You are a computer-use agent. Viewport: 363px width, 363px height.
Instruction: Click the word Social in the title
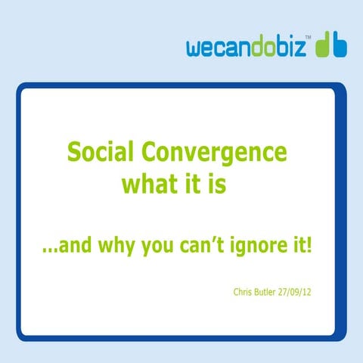pos(104,154)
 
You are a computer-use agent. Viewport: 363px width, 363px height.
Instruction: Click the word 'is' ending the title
pos(217,184)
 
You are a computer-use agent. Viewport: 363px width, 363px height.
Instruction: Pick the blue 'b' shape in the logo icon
pos(341,46)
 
